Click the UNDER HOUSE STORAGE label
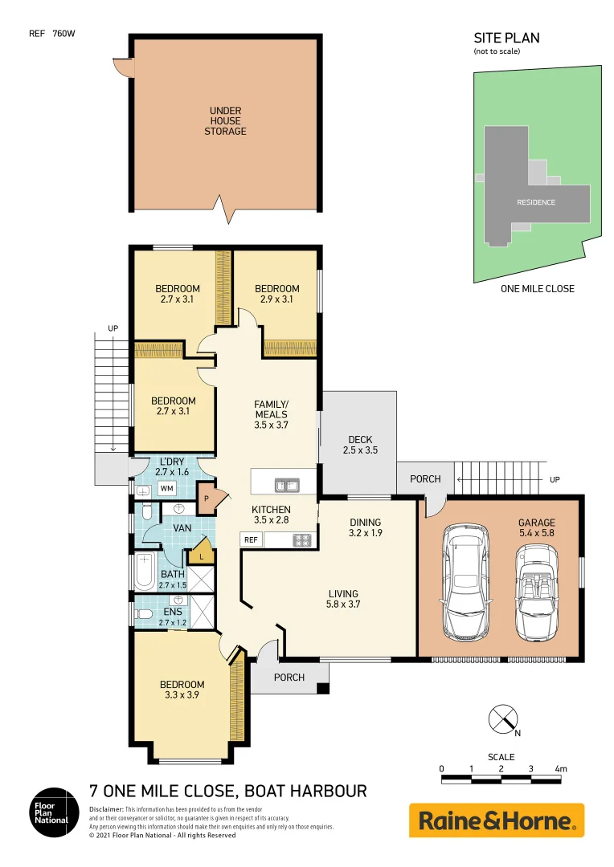click(225, 121)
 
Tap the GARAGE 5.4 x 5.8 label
click(536, 527)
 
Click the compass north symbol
click(503, 718)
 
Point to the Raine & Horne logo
click(496, 820)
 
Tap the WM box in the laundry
click(166, 488)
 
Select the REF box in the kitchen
click(251, 540)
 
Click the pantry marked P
click(207, 499)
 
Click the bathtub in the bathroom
click(145, 572)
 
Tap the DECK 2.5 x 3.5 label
click(359, 445)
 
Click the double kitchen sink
click(285, 485)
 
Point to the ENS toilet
click(145, 614)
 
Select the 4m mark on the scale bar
click(560, 769)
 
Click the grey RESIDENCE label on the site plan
click(535, 202)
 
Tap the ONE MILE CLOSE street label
click(537, 288)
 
